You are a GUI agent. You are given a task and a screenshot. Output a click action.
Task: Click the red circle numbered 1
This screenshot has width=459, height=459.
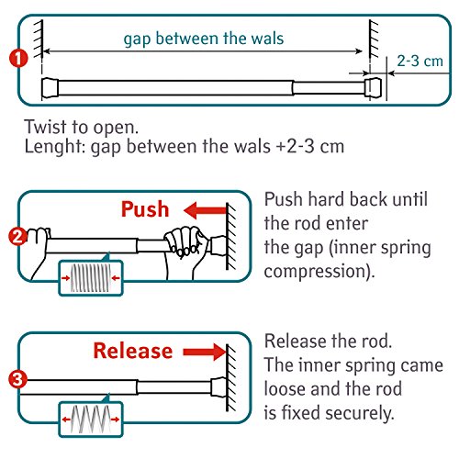point(18,58)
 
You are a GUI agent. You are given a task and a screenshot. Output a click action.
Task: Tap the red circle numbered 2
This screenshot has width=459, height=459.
point(18,237)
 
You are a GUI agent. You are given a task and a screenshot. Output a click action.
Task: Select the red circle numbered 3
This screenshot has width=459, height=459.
point(17,379)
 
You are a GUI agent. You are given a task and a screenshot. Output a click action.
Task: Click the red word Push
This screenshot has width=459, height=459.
point(145,209)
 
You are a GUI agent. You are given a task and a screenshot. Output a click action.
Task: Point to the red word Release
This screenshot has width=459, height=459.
point(133,351)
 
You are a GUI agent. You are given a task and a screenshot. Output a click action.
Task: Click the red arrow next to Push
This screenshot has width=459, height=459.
point(205,210)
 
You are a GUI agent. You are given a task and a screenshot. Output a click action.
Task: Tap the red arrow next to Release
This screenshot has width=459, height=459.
point(205,352)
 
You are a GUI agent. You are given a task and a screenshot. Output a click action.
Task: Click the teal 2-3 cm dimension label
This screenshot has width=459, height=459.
point(420,62)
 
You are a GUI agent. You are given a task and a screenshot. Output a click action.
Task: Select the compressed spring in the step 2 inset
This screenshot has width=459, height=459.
point(90,278)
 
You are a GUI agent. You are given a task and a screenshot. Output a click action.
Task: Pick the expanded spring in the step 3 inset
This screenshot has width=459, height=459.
point(90,420)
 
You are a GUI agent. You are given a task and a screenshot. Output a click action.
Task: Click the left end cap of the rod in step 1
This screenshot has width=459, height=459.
point(50,88)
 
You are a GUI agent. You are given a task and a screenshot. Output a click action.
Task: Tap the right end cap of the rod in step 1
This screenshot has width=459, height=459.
point(373,87)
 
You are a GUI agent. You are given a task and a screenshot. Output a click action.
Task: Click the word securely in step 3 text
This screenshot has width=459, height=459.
point(360,413)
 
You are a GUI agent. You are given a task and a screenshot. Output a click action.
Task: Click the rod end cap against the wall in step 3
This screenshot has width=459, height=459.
point(218,387)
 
